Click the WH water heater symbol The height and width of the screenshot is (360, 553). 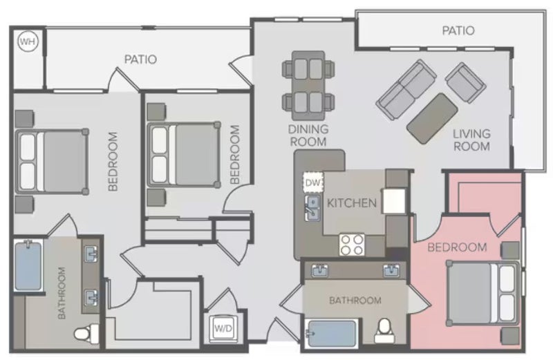[28, 41]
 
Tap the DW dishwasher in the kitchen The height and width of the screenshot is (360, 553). [313, 182]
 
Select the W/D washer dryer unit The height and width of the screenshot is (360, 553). [223, 329]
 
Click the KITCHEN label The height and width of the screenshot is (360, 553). [352, 203]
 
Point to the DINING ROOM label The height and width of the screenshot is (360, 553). [308, 135]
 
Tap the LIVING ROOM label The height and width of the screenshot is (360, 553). [471, 140]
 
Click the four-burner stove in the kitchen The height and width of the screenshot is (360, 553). [352, 245]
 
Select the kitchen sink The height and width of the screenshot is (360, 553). [312, 208]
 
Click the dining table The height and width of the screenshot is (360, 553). [308, 86]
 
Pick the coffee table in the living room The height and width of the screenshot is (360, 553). [432, 118]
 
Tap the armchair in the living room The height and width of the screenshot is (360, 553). [465, 83]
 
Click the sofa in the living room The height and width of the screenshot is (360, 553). [406, 90]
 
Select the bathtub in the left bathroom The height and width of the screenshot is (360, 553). [28, 265]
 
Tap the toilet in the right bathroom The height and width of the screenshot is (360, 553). [384, 331]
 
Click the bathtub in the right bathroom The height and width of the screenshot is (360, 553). [332, 334]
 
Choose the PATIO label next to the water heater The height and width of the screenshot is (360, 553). [140, 59]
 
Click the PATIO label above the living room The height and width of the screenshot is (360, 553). [458, 30]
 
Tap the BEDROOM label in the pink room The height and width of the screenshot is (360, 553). [457, 247]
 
